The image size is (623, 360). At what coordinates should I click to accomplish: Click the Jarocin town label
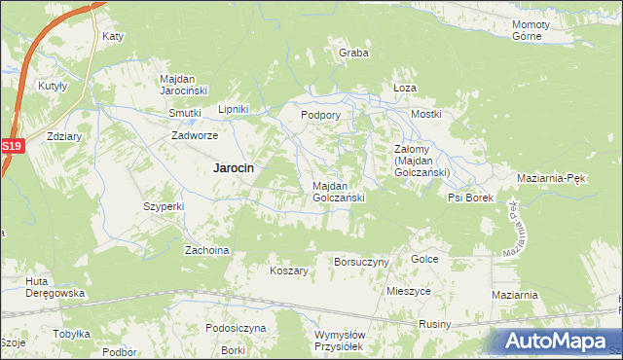click(x=234, y=167)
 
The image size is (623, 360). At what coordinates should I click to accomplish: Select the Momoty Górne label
click(x=531, y=29)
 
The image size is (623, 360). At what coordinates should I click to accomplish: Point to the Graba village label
click(x=353, y=53)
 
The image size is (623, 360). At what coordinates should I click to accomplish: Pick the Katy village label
click(x=114, y=36)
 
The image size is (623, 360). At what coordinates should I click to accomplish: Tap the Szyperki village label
click(x=164, y=206)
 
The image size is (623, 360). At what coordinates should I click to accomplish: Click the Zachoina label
click(x=207, y=250)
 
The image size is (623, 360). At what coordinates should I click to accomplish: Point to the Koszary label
click(x=289, y=270)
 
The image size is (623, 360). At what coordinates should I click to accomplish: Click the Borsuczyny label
click(x=361, y=262)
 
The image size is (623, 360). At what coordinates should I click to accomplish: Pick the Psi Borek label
click(x=471, y=198)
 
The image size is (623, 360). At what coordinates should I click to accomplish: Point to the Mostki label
click(x=426, y=114)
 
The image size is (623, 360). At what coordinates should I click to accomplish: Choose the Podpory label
click(x=320, y=114)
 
